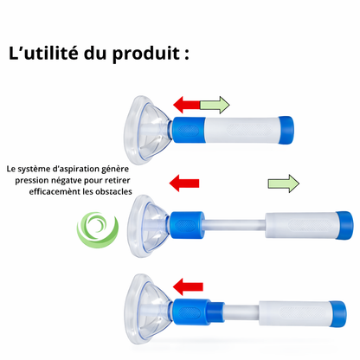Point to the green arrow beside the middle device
(x=283, y=183)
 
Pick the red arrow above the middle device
(x=183, y=183)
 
